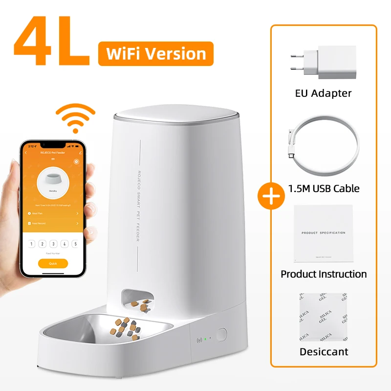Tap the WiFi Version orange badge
[x=155, y=53]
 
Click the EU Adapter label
[x=324, y=93]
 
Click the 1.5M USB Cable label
[x=324, y=188]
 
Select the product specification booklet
[x=323, y=233]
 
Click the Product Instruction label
[x=324, y=274]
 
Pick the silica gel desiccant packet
[x=323, y=317]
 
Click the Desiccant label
[x=324, y=351]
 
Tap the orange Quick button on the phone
[x=53, y=263]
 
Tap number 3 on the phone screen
[x=53, y=244]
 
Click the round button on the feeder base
[x=221, y=335]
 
